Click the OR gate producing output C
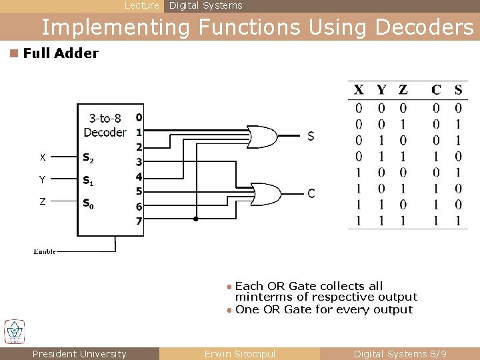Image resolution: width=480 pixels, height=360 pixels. point(265,193)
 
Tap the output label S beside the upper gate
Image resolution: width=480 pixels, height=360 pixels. point(311,137)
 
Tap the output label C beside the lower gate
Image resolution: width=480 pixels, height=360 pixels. point(311,194)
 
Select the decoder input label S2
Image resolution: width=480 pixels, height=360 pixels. point(88,158)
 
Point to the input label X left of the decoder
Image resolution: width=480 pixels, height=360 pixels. point(43,158)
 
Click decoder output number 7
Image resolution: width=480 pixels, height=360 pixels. point(139,221)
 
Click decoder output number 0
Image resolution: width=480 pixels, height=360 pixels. point(139,117)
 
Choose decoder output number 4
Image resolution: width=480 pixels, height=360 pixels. point(139,177)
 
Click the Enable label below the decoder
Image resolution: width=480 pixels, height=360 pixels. point(45,251)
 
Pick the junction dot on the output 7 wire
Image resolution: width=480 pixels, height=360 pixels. point(195,219)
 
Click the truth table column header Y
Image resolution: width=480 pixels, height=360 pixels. point(381,89)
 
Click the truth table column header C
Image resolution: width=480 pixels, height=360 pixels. point(436,89)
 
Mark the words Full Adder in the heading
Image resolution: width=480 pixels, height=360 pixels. point(61,53)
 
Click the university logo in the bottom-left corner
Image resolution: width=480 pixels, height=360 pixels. point(15,331)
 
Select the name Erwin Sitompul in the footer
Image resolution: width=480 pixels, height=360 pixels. point(239,354)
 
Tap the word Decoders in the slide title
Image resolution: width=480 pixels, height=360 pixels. point(425,27)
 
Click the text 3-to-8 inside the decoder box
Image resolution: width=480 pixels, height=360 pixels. point(104,119)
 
